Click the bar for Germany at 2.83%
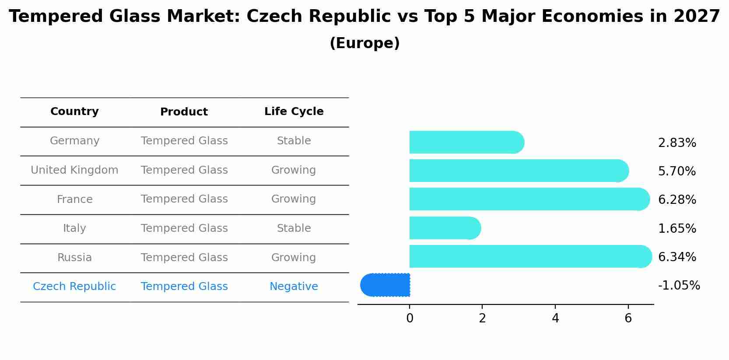[466, 142]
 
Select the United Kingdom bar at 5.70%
[519, 171]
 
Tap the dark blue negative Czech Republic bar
[386, 285]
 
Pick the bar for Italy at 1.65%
[445, 228]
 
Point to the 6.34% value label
[677, 257]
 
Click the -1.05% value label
[679, 285]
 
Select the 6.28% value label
[677, 199]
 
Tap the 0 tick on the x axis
[410, 318]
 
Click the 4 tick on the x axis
[555, 318]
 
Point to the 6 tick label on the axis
[628, 318]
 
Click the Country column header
[74, 112]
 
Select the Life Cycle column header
[294, 112]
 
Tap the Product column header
[184, 112]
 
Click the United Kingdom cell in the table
[74, 170]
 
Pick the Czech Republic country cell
[74, 287]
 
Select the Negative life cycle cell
[294, 287]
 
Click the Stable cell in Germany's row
[294, 141]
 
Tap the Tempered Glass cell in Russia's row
[184, 258]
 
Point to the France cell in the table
[74, 199]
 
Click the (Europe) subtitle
[364, 43]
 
